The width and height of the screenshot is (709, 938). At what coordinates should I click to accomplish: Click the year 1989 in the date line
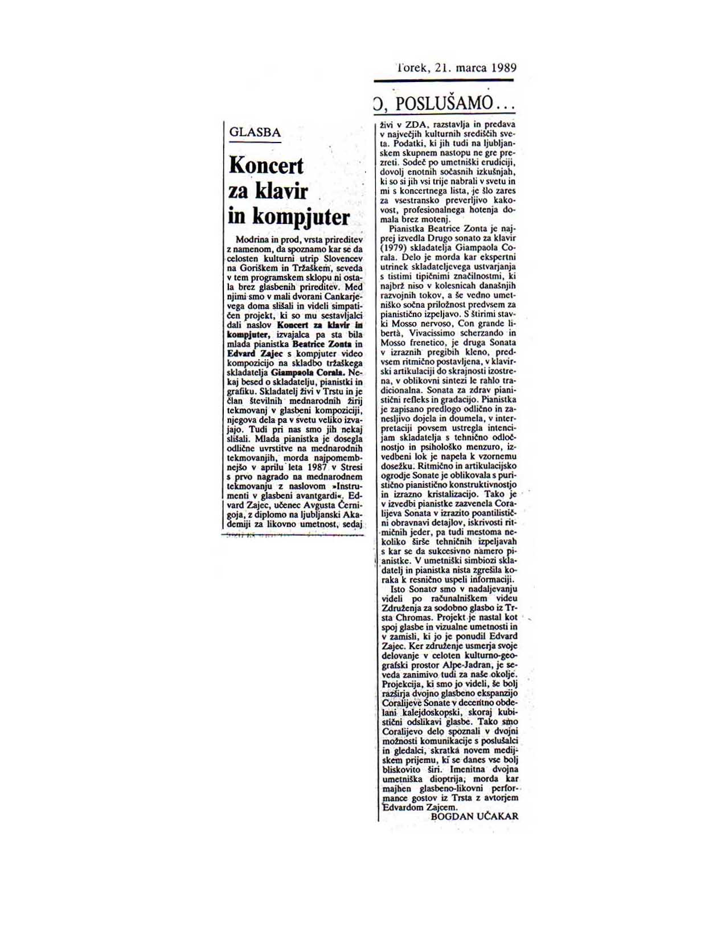502,68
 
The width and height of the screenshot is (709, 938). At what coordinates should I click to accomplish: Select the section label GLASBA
255,133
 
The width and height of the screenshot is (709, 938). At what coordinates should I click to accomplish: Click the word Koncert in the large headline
266,166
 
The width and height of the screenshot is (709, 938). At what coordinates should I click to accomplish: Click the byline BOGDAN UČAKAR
474,816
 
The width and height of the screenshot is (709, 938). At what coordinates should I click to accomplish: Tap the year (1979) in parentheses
395,248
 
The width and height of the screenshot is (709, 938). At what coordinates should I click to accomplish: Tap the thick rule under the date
444,80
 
